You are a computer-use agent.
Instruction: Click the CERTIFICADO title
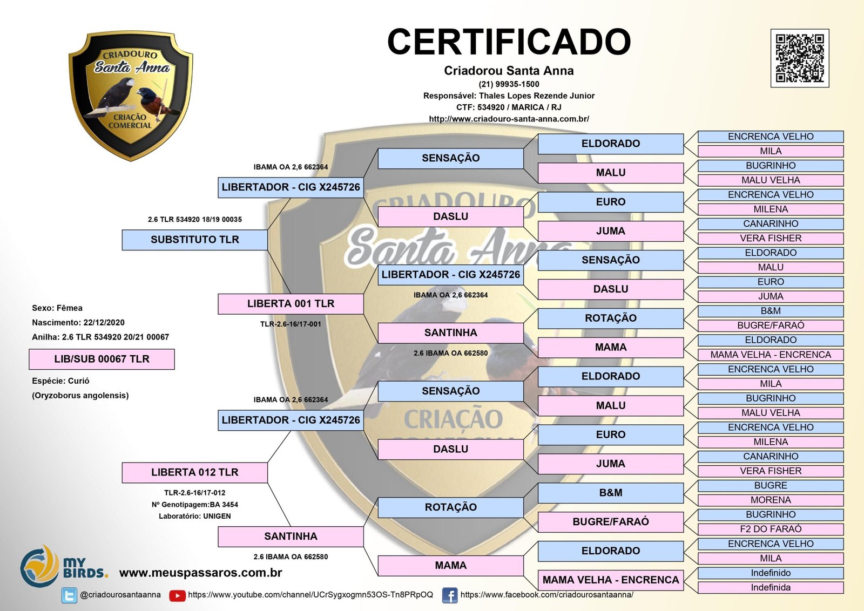click(x=509, y=42)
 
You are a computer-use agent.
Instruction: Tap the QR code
click(x=799, y=58)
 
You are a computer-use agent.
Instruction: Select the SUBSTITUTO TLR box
click(x=194, y=240)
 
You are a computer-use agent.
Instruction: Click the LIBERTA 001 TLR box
click(x=291, y=304)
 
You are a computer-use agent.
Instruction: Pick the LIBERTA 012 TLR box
click(x=194, y=472)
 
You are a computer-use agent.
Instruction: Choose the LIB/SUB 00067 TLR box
click(x=102, y=359)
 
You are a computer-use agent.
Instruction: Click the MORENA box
click(x=770, y=500)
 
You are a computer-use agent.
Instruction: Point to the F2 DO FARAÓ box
click(x=770, y=529)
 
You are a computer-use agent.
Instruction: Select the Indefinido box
click(x=770, y=573)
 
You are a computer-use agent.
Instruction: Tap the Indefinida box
click(x=770, y=587)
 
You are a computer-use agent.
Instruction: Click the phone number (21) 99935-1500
click(x=509, y=84)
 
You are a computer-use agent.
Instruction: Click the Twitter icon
click(x=69, y=595)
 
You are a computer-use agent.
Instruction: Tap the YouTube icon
click(x=177, y=595)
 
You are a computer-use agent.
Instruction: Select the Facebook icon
click(x=449, y=595)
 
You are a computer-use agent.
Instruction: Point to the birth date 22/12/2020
click(x=104, y=323)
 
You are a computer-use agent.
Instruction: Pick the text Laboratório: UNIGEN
click(x=194, y=516)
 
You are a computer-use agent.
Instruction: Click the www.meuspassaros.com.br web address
click(x=200, y=573)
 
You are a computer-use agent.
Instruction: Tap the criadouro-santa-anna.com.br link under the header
click(x=509, y=119)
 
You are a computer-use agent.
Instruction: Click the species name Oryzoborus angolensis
click(x=80, y=396)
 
